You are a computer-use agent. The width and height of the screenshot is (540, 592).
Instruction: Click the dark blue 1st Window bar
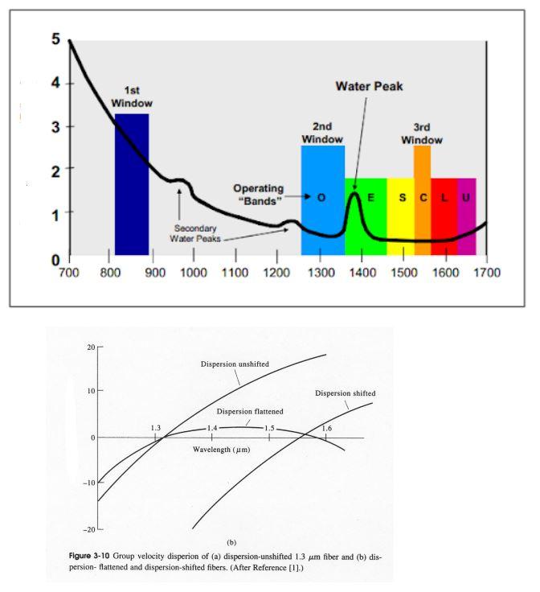(x=132, y=184)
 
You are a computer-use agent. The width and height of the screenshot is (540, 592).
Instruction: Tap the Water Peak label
(x=369, y=86)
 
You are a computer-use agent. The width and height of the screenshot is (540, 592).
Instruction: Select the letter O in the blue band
(x=321, y=197)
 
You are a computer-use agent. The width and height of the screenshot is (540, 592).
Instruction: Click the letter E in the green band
(x=370, y=197)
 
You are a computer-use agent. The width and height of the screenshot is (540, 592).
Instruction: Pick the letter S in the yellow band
(x=403, y=197)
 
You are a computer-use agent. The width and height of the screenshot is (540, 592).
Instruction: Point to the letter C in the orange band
(x=423, y=197)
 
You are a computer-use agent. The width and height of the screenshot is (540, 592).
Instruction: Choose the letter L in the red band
(x=444, y=197)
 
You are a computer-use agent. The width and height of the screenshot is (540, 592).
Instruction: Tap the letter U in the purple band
(x=466, y=197)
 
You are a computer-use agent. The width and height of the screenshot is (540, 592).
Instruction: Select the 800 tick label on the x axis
(x=110, y=273)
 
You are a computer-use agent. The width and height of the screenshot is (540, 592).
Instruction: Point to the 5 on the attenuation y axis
(x=55, y=39)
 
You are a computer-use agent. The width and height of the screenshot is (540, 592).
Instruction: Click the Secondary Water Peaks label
(x=195, y=233)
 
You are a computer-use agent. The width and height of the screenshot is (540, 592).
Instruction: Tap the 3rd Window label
(x=422, y=134)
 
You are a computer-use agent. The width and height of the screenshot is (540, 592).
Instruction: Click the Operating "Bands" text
(x=259, y=195)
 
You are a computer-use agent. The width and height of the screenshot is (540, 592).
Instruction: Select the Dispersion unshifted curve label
(x=235, y=364)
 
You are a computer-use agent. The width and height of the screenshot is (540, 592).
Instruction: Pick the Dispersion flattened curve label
(x=250, y=412)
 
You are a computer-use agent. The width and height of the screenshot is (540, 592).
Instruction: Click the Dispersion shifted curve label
(x=345, y=393)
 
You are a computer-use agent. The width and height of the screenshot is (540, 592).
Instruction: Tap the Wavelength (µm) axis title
(x=221, y=450)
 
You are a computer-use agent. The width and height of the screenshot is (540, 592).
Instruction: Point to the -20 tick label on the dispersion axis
(x=89, y=530)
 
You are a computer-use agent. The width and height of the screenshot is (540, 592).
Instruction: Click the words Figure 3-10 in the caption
(x=89, y=556)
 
